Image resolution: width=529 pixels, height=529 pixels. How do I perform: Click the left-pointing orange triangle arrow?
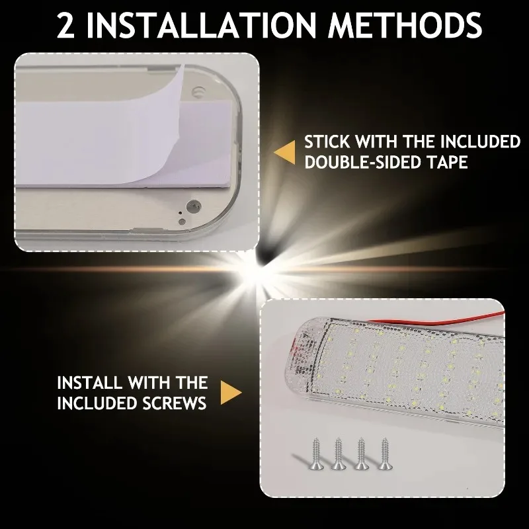point(285,151)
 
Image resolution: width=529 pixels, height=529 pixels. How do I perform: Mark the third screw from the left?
point(360,454)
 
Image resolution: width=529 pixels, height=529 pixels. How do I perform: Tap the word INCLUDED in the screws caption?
point(97,403)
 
